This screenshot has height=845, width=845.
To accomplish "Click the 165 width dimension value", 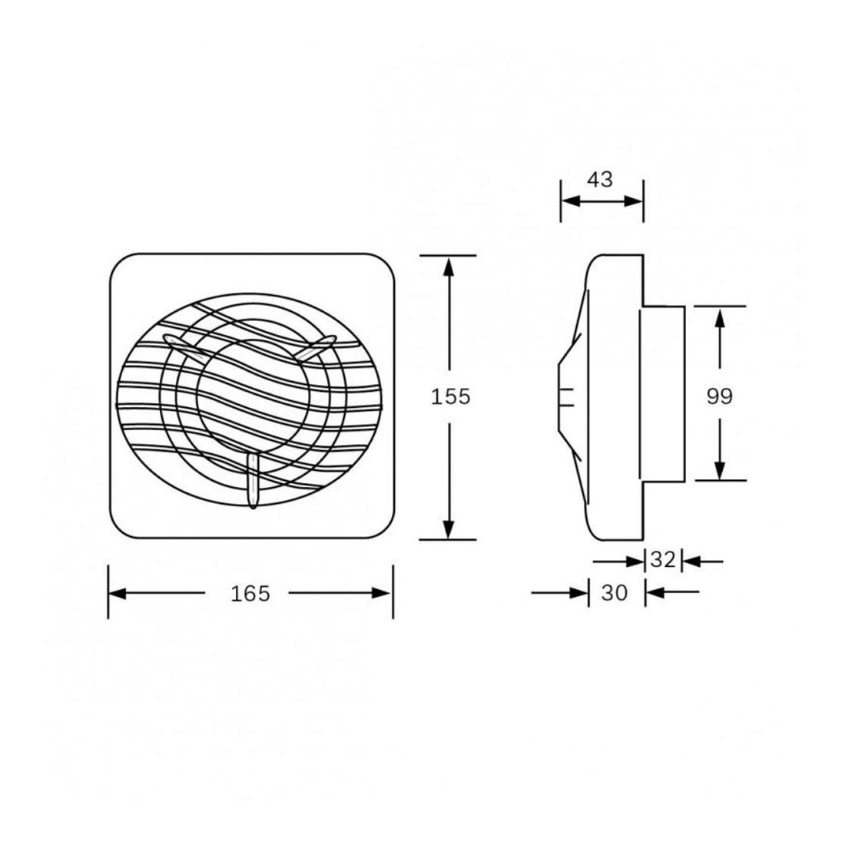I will pyautogui.click(x=250, y=593).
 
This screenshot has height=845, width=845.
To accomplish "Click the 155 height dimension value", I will pyautogui.click(x=449, y=397).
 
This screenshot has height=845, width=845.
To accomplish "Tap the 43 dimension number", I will pyautogui.click(x=600, y=180).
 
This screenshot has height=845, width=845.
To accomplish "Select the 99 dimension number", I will pyautogui.click(x=720, y=396).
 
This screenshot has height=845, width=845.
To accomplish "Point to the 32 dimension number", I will pyautogui.click(x=662, y=561).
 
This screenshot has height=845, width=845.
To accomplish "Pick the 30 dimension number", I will pyautogui.click(x=615, y=592).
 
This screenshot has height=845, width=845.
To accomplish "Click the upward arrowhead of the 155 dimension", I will pyautogui.click(x=449, y=265).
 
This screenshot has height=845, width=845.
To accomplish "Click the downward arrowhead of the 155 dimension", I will pyautogui.click(x=449, y=529).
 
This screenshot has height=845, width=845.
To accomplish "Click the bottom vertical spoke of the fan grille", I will pyautogui.click(x=253, y=480).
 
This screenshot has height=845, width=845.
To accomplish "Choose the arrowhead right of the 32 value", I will pyautogui.click(x=690, y=562).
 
